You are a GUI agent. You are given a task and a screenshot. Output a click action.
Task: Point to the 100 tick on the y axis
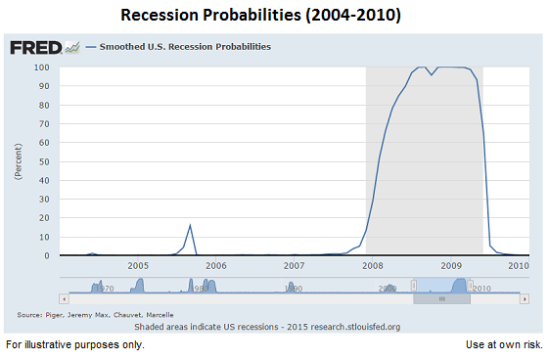(x=42, y=67)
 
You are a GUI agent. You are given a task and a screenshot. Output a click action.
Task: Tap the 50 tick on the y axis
(x=44, y=161)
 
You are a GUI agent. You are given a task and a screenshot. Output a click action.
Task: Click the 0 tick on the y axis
(x=47, y=255)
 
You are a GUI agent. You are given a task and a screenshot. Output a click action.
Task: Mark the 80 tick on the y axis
(x=44, y=105)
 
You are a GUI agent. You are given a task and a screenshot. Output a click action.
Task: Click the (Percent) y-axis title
(x=18, y=161)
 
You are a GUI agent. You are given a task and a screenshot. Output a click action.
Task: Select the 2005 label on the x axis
(x=137, y=265)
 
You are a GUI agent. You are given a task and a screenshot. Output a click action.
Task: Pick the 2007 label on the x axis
(x=294, y=265)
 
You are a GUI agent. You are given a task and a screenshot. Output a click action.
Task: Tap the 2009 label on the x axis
(x=450, y=265)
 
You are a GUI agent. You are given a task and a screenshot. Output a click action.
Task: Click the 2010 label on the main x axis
(x=518, y=265)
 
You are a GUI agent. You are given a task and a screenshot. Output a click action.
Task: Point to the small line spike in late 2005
(x=190, y=226)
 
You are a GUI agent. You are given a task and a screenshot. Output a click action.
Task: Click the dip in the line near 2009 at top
(x=430, y=74)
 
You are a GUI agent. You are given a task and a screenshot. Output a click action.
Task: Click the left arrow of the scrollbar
(x=64, y=297)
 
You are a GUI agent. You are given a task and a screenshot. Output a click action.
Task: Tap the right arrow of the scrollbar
(x=525, y=297)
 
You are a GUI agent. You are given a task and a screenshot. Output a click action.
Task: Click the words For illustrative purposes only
(x=74, y=345)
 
